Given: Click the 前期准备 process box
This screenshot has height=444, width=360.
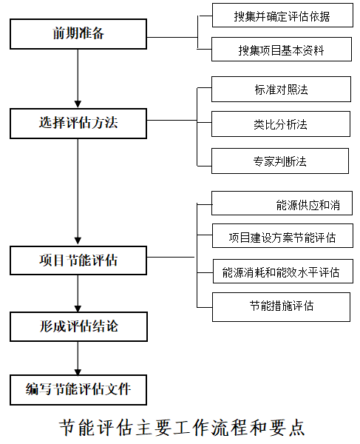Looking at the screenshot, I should pyautogui.click(x=78, y=33).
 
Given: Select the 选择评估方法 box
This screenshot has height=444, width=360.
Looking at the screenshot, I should pyautogui.click(x=78, y=123).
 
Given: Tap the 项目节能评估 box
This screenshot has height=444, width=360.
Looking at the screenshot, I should pyautogui.click(x=78, y=260).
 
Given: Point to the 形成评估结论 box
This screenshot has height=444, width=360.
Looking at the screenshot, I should pyautogui.click(x=78, y=326).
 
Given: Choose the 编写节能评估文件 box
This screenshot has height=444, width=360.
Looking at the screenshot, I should pyautogui.click(x=78, y=389).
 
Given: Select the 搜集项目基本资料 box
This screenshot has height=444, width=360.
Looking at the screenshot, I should pyautogui.click(x=282, y=50).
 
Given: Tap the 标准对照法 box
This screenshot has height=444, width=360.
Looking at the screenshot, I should pyautogui.click(x=282, y=90).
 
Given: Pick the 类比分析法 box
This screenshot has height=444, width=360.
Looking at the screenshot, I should pyautogui.click(x=282, y=124).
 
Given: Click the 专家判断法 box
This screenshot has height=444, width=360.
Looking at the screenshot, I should pyautogui.click(x=282, y=160).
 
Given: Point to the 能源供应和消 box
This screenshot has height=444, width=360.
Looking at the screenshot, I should pyautogui.click(x=282, y=203).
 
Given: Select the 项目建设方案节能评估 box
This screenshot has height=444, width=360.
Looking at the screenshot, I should pyautogui.click(x=282, y=238).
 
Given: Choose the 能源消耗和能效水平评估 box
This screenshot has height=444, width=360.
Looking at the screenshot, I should pyautogui.click(x=282, y=272).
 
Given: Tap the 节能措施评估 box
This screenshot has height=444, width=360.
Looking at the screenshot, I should pyautogui.click(x=282, y=306).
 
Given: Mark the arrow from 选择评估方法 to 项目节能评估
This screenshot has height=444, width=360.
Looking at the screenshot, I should pyautogui.click(x=78, y=192).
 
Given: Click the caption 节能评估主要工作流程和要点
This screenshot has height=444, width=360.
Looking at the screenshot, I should pyautogui.click(x=180, y=428).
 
